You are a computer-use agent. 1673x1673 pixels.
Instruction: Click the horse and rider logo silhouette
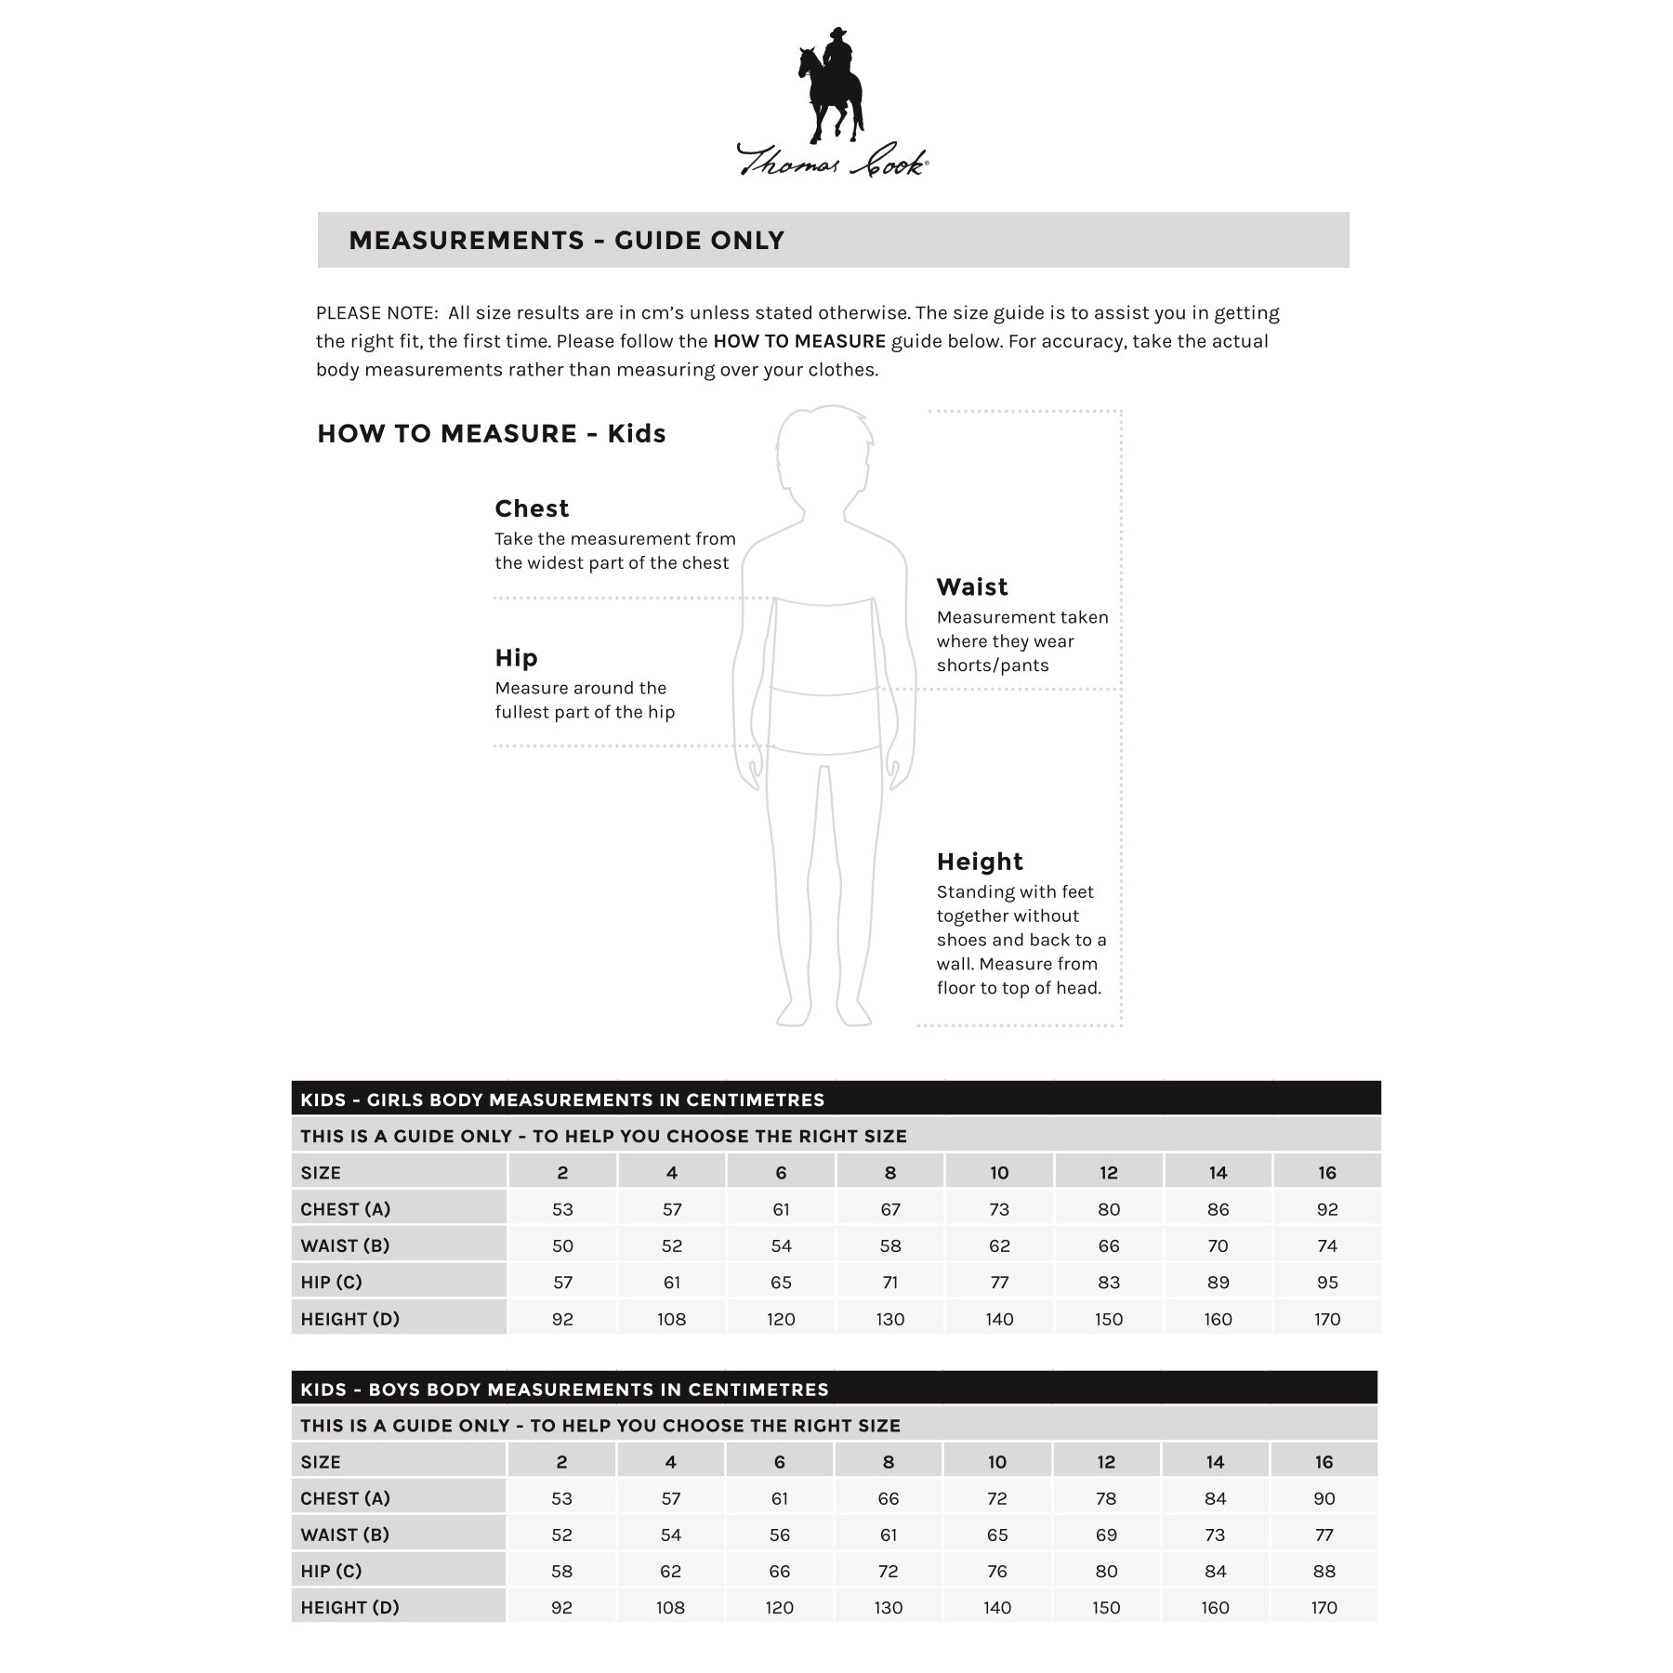[x=830, y=86]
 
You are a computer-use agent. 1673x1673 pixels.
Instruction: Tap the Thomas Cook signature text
[x=832, y=161]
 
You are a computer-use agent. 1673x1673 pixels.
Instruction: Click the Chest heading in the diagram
[x=532, y=508]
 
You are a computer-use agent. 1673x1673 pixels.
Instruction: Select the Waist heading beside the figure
[x=971, y=586]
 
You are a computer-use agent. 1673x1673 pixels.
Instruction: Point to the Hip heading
[x=516, y=658]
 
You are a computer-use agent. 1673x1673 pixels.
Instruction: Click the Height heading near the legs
[x=980, y=862]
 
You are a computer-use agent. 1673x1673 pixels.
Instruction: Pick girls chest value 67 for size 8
[x=890, y=1209]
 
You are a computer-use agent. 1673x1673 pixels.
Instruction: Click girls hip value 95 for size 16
[x=1327, y=1283]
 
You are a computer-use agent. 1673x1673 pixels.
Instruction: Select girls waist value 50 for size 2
[x=562, y=1245]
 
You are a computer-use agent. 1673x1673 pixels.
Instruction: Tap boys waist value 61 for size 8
[x=889, y=1535]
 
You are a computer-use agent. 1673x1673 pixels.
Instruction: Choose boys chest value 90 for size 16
[x=1324, y=1498]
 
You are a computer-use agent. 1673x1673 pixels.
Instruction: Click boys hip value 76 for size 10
[x=997, y=1571]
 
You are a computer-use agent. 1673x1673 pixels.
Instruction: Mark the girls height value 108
[x=671, y=1319]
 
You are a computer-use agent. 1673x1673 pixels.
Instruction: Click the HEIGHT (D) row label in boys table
[x=349, y=1607]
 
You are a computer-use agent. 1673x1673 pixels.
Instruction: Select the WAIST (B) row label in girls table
[x=345, y=1245]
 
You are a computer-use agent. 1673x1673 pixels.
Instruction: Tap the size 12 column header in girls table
[x=1109, y=1173]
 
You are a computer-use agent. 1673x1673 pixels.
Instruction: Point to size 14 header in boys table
[x=1215, y=1462]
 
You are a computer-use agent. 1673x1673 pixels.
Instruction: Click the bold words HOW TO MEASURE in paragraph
[x=798, y=341]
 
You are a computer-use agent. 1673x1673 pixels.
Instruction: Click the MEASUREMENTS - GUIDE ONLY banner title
[x=566, y=241]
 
